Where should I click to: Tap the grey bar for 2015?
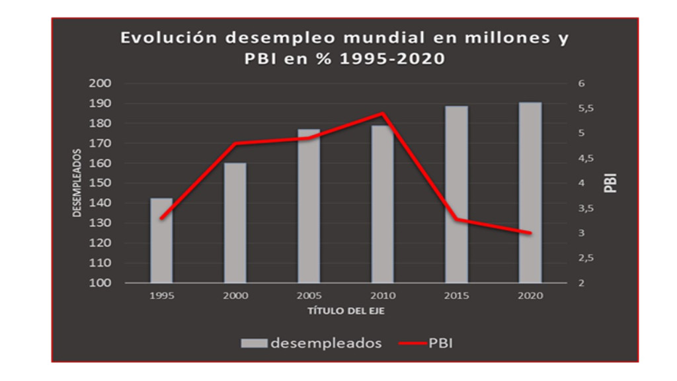tap(456, 194)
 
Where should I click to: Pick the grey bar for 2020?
tap(530, 192)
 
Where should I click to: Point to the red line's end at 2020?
tap(530, 233)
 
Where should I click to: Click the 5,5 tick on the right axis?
tap(586, 108)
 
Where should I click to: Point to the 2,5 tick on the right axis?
tap(586, 258)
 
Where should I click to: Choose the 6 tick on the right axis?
tap(582, 84)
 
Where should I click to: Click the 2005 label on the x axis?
tap(309, 296)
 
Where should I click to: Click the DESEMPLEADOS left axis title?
tap(77, 183)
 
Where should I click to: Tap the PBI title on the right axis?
tap(612, 183)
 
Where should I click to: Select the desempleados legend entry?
tap(311, 343)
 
